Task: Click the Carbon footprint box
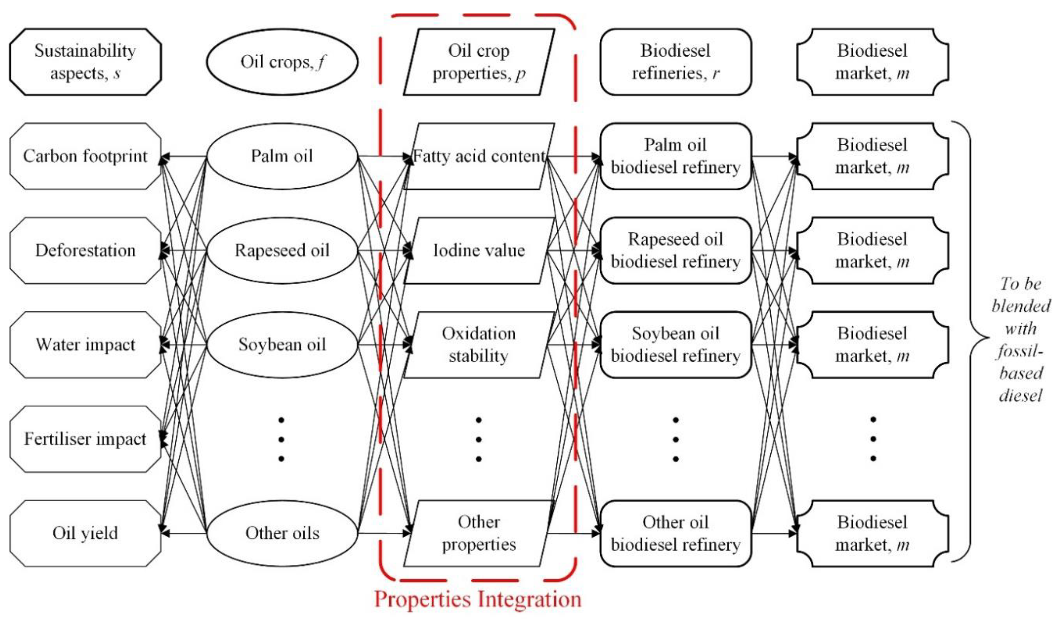point(85,156)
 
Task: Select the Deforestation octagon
point(85,250)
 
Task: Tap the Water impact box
point(85,345)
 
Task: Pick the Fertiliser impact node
point(85,439)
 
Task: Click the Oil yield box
point(85,533)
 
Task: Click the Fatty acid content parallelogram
point(479,156)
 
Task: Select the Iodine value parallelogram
point(479,250)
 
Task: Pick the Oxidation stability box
point(479,345)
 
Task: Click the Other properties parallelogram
point(479,533)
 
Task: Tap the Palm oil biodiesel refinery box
point(675,156)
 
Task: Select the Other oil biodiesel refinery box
point(675,533)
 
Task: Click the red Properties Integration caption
point(478,599)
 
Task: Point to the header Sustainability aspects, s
point(85,62)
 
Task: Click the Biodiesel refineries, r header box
point(675,62)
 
